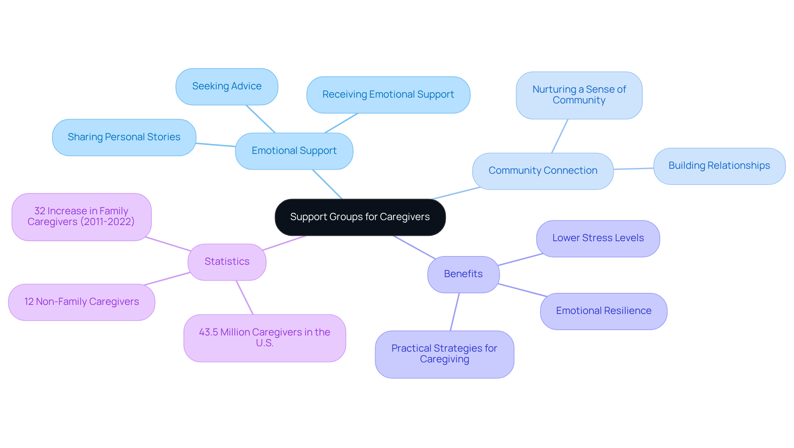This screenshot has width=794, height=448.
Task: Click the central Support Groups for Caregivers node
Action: coord(360,217)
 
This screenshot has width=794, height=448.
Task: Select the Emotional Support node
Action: coord(294,151)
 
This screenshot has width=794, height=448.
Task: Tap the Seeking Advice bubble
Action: coord(227,86)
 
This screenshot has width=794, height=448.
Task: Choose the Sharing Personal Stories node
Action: coord(124,137)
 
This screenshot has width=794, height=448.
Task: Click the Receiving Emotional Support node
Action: coord(388,95)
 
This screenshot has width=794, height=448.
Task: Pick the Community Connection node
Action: coord(543,171)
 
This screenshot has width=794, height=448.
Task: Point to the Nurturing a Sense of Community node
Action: coord(579,95)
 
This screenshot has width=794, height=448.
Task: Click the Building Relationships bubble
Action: coord(719,166)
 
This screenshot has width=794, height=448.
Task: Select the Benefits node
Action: coord(463,274)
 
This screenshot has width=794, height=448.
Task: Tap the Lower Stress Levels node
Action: coord(598,238)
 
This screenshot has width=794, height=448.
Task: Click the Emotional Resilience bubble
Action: coord(603,311)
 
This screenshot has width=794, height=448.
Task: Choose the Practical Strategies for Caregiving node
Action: coord(444,354)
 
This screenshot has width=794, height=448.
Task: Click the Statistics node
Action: coord(227,262)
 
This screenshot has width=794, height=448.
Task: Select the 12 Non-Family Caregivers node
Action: coord(81,302)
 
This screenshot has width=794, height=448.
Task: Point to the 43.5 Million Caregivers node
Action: coord(265,338)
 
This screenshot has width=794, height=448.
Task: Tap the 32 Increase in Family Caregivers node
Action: coord(81,217)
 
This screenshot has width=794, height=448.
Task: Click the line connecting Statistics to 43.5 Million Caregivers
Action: coord(244,297)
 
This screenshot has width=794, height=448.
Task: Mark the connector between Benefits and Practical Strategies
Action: coord(454,312)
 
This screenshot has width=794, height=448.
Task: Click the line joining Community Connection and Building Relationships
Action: coord(633,168)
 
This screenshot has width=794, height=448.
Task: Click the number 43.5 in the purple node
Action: coord(208,333)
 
